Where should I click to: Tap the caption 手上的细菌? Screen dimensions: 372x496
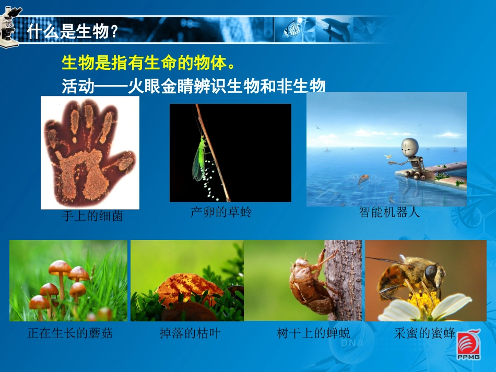pos(92,216)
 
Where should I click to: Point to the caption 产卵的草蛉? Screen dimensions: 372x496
pos(221,212)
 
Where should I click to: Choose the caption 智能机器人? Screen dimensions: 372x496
pos(389,212)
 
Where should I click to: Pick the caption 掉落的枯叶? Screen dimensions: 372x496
pos(190,333)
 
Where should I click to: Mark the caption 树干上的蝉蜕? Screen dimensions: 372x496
pos(313,333)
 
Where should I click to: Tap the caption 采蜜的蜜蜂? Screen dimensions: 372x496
pos(425,333)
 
